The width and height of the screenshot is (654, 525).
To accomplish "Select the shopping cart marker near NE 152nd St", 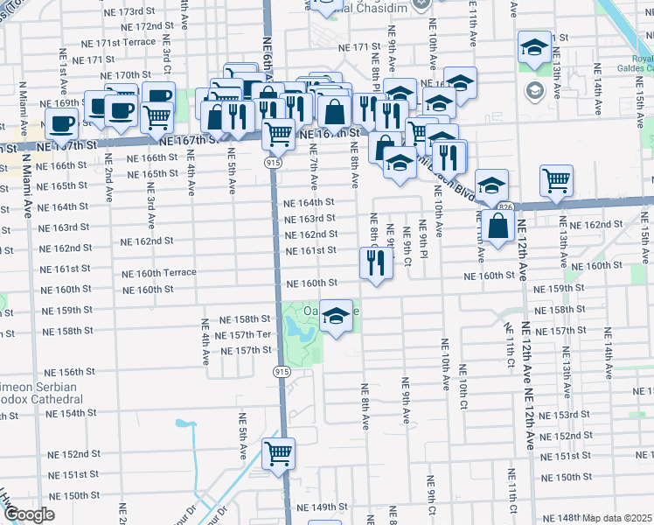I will (279, 454).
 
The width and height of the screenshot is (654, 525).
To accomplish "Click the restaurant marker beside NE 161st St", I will (376, 263).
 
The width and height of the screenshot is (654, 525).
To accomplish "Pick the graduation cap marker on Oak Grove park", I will (335, 316).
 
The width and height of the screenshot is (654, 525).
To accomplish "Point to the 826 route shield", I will (505, 206).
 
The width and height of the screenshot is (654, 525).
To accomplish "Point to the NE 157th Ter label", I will (245, 335).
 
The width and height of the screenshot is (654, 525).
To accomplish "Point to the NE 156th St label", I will (71, 372).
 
